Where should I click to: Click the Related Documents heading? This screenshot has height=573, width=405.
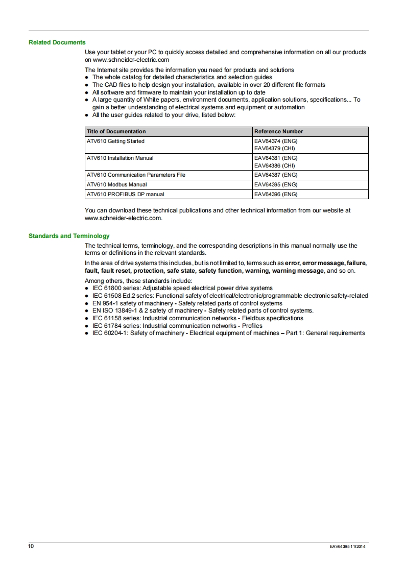pyautogui.click(x=57, y=42)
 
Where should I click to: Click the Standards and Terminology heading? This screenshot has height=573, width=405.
pyautogui.click(x=69, y=236)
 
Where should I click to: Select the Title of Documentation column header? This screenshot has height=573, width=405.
pyautogui.click(x=116, y=132)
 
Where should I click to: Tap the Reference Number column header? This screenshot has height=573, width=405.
pyautogui.click(x=278, y=132)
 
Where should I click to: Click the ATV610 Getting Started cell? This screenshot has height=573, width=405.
pyautogui.click(x=115, y=141)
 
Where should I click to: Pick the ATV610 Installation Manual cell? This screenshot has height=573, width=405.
pyautogui.click(x=120, y=158)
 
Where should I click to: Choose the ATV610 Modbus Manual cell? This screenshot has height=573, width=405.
pyautogui.click(x=116, y=184)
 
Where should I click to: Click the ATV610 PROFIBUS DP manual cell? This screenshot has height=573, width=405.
pyautogui.click(x=126, y=194)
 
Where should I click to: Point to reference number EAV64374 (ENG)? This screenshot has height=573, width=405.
pyautogui.click(x=276, y=141)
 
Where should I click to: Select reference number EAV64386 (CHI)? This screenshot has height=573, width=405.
pyautogui.click(x=275, y=166)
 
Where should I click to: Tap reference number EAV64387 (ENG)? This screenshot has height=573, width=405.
pyautogui.click(x=276, y=175)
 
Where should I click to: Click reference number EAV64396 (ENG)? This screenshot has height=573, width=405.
pyautogui.click(x=276, y=194)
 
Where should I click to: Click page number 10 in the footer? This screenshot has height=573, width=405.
pyautogui.click(x=31, y=546)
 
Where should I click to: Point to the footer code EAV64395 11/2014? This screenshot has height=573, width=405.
pyautogui.click(x=347, y=547)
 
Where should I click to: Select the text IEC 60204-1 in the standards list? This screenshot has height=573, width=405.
pyautogui.click(x=110, y=333)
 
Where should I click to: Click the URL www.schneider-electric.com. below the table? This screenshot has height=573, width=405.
pyautogui.click(x=123, y=218)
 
